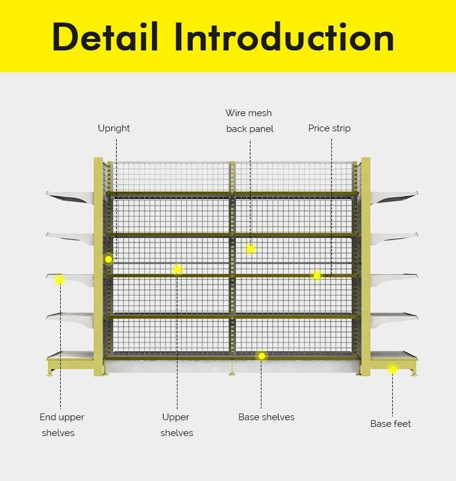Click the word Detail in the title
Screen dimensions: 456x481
[x=105, y=36]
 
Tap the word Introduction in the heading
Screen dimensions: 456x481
[x=285, y=36]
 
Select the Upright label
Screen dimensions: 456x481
[x=114, y=128]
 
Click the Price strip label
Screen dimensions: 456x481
[x=329, y=128]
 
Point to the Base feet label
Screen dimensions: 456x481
[x=390, y=424]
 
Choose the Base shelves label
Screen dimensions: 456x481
[x=266, y=417]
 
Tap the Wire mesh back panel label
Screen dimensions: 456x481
[x=249, y=121]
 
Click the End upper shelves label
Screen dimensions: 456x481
[x=61, y=425]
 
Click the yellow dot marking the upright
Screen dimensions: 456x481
[x=108, y=259]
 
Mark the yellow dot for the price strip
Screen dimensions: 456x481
[x=317, y=275]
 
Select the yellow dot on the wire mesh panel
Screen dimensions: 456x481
[x=250, y=249]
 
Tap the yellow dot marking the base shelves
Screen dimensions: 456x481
[x=261, y=356]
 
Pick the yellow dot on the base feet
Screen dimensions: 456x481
[x=393, y=369]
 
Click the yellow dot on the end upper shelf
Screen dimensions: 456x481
[x=60, y=280]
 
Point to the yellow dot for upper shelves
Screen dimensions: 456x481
[x=178, y=269]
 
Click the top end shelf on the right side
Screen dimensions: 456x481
[x=393, y=196]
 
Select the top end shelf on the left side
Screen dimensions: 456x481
[x=71, y=196]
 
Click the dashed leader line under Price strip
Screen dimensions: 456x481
[x=331, y=207]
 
